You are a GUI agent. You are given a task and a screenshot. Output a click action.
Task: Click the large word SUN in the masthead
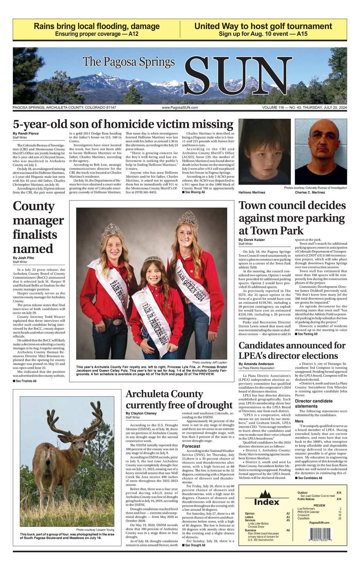(x=237, y=77)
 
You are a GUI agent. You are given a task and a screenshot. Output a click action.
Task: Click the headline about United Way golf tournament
(x=263, y=26)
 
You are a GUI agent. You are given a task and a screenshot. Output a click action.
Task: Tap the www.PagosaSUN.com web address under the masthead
(x=180, y=108)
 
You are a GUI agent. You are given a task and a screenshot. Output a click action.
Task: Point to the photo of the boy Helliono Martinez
(x=264, y=153)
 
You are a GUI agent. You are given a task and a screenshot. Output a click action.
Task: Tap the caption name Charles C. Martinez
(x=309, y=192)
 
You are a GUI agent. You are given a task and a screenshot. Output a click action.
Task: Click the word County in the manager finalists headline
(x=34, y=206)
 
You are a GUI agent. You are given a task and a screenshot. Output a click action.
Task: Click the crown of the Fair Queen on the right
(x=188, y=218)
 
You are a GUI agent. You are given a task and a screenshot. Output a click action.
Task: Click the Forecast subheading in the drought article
(x=191, y=446)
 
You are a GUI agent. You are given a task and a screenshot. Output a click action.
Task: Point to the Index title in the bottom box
(x=267, y=502)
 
